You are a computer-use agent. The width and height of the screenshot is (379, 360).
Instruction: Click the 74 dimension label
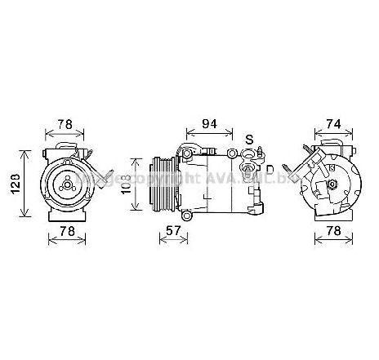333,125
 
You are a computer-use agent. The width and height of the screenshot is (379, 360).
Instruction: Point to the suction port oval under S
248,152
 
